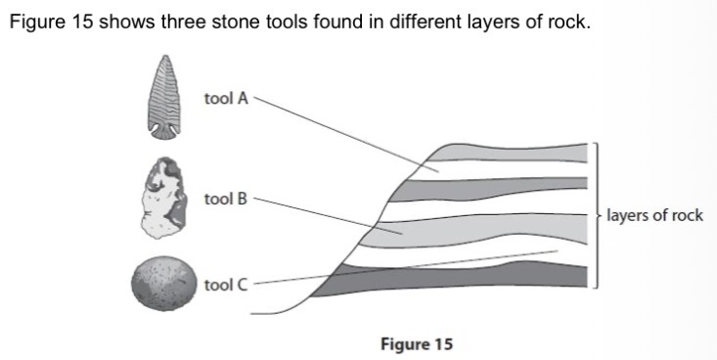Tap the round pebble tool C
pos(163,282)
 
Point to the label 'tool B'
pos(226,199)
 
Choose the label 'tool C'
pos(226,285)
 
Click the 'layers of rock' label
pos(654,215)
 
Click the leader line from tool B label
pos(313,213)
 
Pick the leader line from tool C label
pos(391,266)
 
